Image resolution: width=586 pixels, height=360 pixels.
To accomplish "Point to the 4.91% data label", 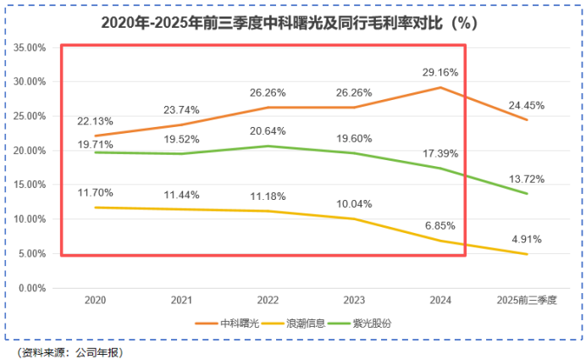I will tap(527, 240).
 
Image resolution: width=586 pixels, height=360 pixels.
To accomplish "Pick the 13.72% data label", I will tap(527, 180).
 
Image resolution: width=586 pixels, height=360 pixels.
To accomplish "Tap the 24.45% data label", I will tap(527, 106).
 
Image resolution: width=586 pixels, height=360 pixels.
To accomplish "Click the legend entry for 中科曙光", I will tap(236, 323).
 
